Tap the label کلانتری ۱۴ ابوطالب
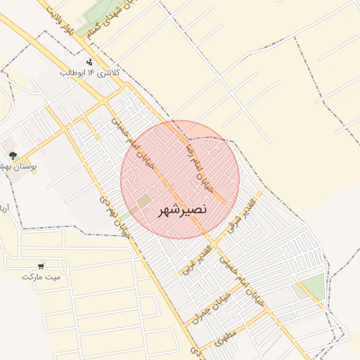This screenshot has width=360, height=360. (x=91, y=72)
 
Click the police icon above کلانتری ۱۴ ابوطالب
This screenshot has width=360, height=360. (x=89, y=61)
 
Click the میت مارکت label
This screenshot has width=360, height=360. (x=41, y=277)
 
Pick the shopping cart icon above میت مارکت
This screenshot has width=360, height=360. (x=41, y=266)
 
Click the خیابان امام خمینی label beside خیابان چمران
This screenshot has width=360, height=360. (x=243, y=281)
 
